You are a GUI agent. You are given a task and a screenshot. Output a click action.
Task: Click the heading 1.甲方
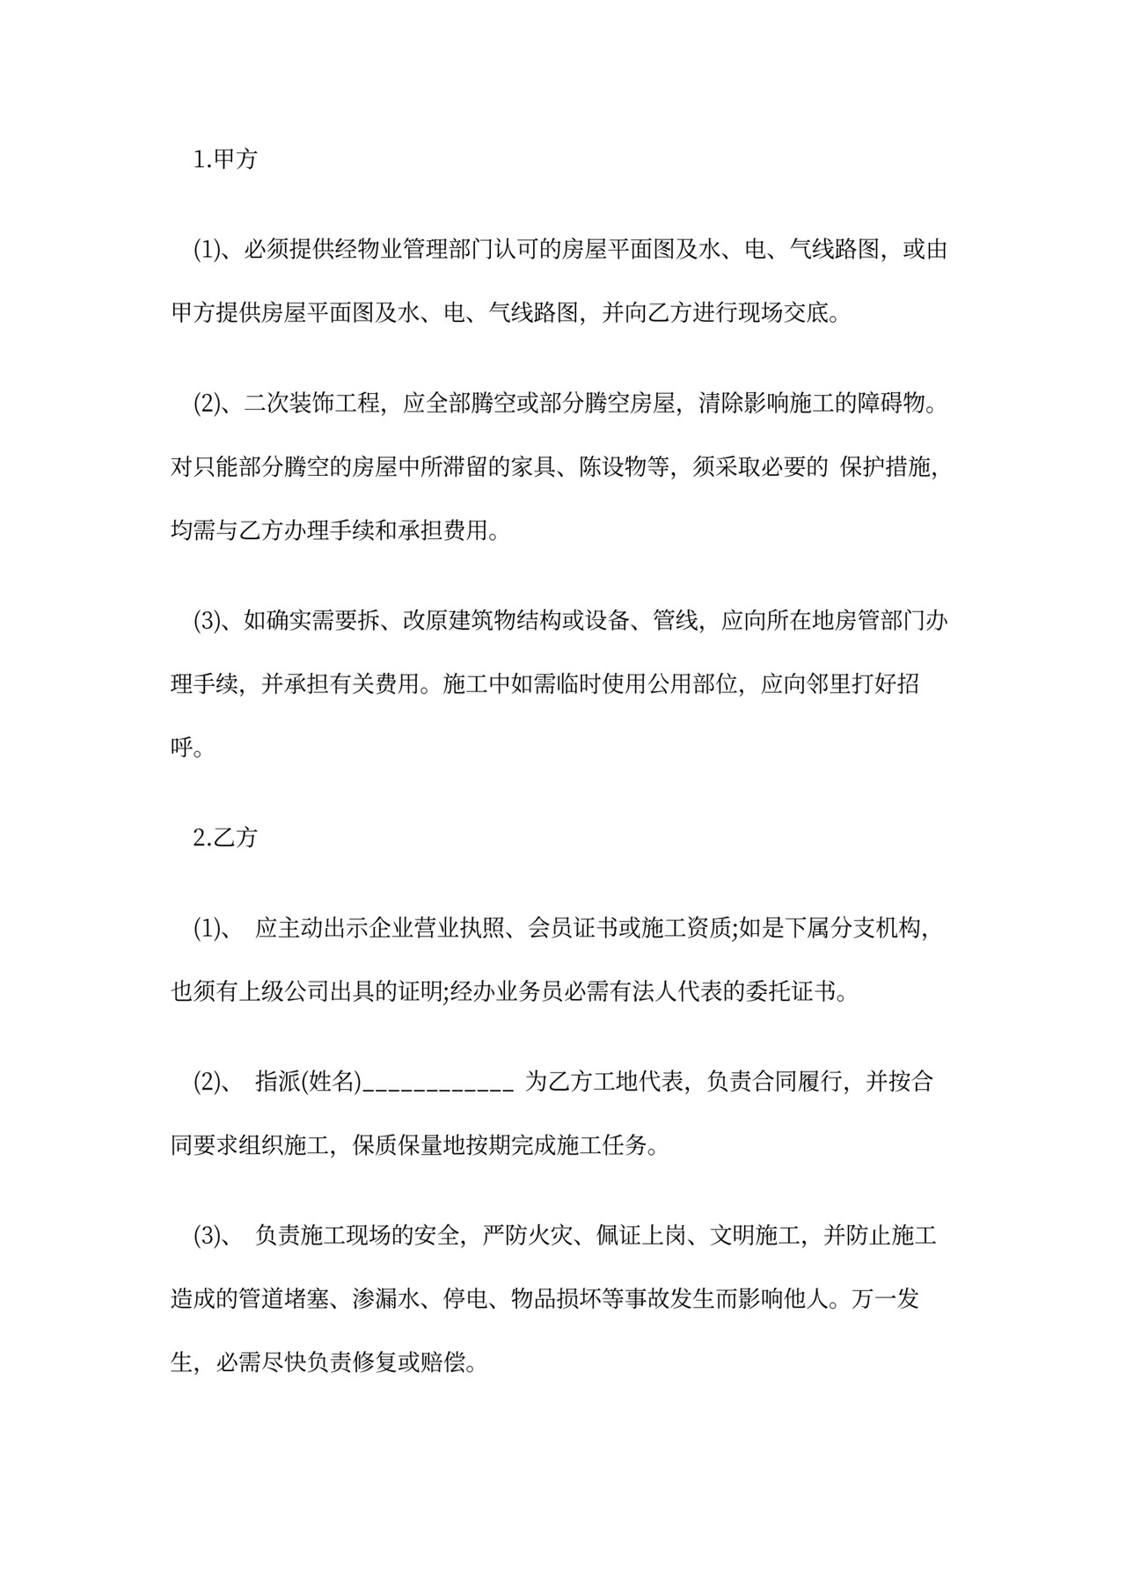click(225, 159)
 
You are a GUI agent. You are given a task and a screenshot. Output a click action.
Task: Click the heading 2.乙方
click(225, 836)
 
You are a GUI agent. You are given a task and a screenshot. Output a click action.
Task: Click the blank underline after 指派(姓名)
click(438, 1082)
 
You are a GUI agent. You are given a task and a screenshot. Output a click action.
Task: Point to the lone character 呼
click(181, 747)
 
